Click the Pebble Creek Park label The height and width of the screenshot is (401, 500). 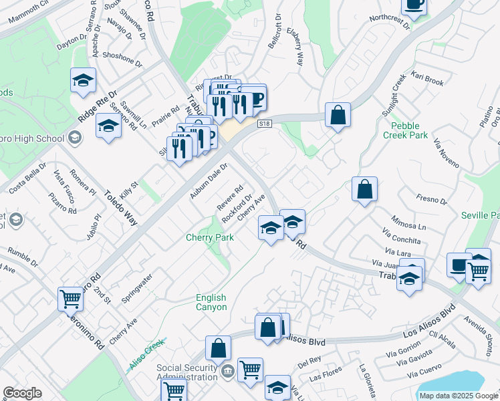405,130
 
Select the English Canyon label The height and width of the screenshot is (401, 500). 211,302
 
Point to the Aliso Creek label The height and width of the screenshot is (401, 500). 146,356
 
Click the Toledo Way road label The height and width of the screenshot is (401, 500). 120,207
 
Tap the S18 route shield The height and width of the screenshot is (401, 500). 265,124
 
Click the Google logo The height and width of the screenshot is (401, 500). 22,393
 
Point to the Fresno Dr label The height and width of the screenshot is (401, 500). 430,200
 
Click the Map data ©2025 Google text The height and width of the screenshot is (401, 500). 459,396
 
